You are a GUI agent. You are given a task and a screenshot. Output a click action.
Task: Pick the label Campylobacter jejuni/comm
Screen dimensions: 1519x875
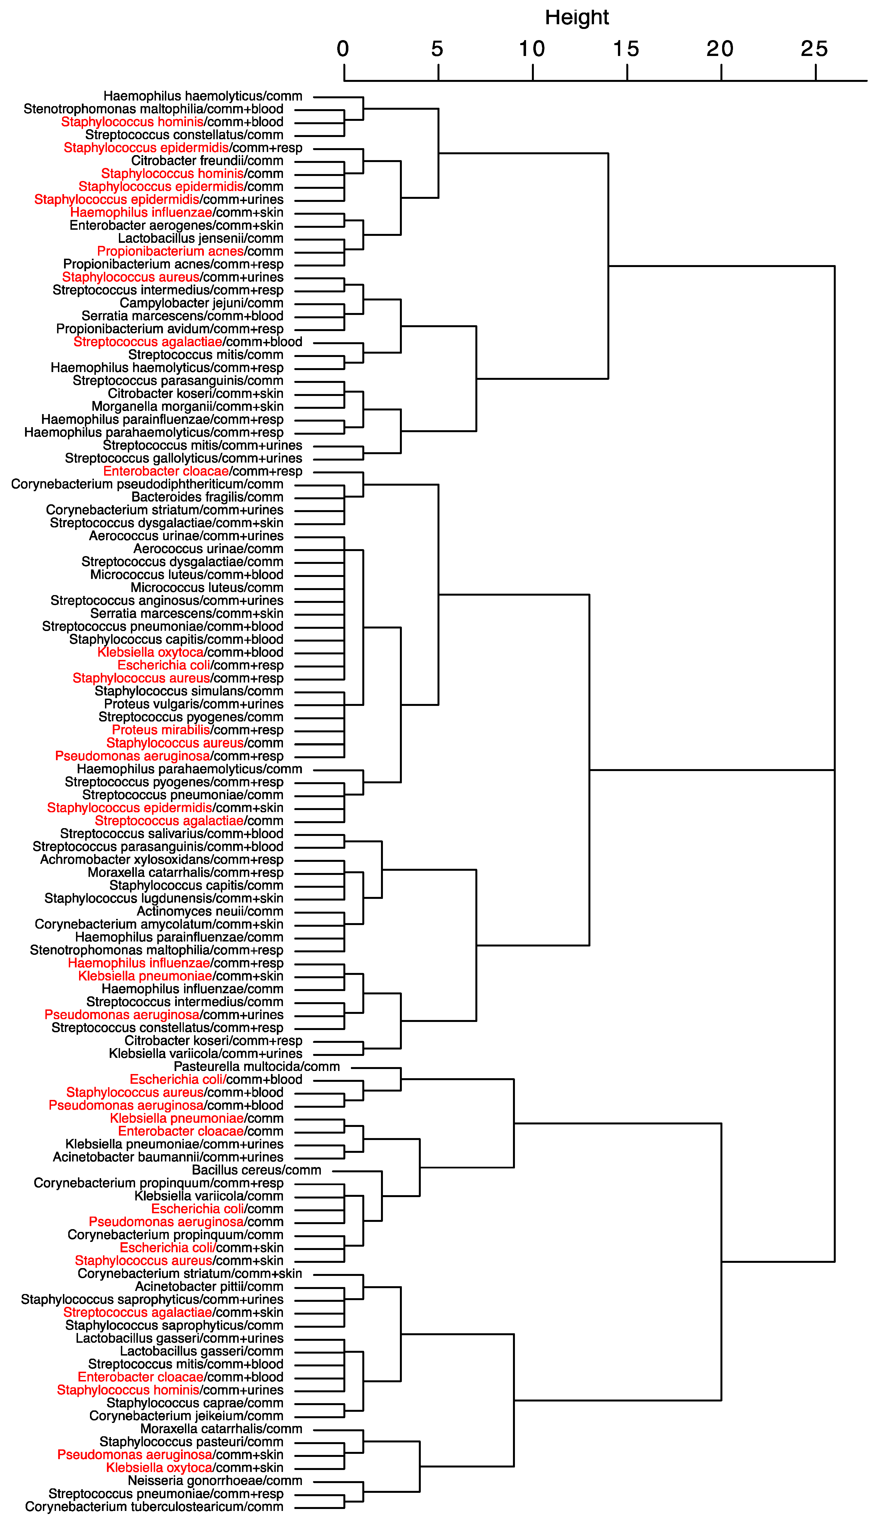pos(201,303)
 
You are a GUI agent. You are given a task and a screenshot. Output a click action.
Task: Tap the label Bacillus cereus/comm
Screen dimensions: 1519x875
pos(256,1170)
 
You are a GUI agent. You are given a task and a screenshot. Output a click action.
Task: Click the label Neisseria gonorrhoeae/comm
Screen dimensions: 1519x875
pos(215,1481)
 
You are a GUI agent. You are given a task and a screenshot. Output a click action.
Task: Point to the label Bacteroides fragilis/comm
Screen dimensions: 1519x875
pos(207,497)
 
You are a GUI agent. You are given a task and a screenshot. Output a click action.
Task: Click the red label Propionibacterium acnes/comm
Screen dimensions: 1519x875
pos(190,251)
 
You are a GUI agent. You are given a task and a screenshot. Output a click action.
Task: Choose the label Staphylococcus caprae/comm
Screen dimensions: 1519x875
pos(195,1403)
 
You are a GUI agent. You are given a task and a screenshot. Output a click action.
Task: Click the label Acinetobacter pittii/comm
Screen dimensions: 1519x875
pos(209,1286)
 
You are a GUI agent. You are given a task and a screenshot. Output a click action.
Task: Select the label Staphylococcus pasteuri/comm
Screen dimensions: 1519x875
pos(191,1442)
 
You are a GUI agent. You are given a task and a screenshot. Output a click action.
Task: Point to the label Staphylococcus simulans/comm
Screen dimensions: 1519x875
pos(189,691)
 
